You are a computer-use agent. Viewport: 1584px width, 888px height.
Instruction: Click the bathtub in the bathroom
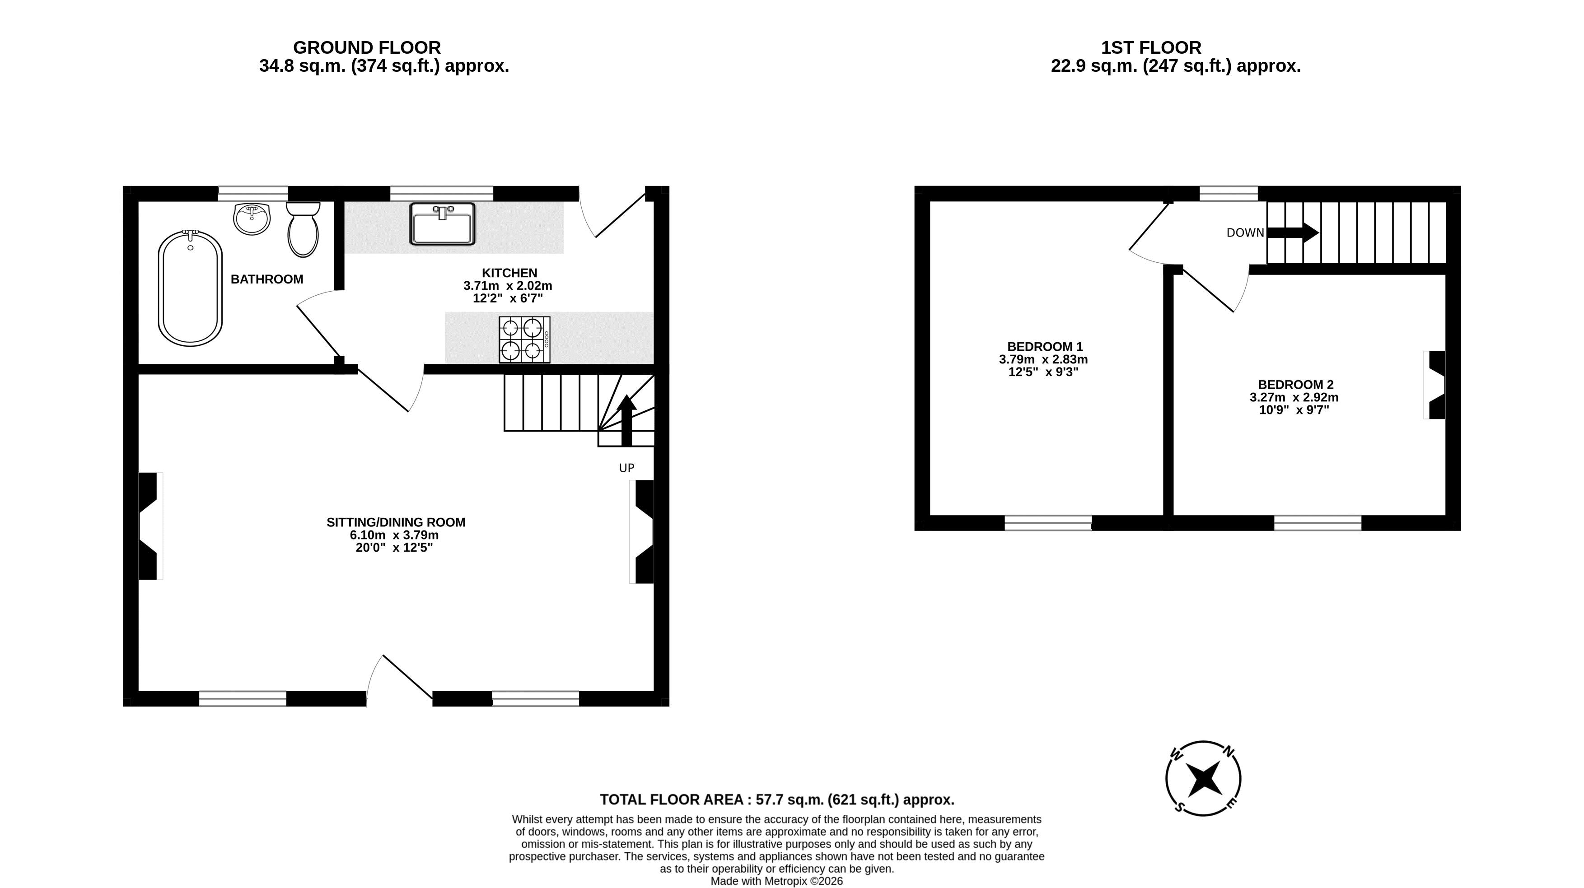click(190, 288)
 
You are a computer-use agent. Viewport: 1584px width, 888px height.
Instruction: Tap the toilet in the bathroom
click(303, 230)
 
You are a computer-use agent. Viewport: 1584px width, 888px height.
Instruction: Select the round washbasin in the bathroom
click(252, 219)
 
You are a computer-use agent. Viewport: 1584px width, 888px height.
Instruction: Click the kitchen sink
click(443, 223)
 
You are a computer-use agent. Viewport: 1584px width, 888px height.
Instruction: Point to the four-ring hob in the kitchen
click(524, 339)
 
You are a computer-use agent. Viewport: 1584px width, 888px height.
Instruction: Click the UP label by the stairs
click(626, 468)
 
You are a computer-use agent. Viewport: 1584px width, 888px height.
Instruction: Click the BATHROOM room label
click(267, 279)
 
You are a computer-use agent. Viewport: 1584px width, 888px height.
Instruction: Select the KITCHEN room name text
click(509, 273)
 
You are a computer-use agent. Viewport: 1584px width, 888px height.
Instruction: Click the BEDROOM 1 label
click(1045, 347)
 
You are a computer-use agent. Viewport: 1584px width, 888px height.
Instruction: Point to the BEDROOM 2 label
click(1295, 385)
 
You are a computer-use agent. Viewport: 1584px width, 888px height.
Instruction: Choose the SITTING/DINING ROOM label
click(396, 522)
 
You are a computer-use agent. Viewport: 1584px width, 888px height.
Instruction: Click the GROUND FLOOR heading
click(367, 48)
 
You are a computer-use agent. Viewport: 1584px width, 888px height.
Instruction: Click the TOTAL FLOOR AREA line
click(777, 800)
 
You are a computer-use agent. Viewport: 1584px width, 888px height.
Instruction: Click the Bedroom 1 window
click(1048, 523)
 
